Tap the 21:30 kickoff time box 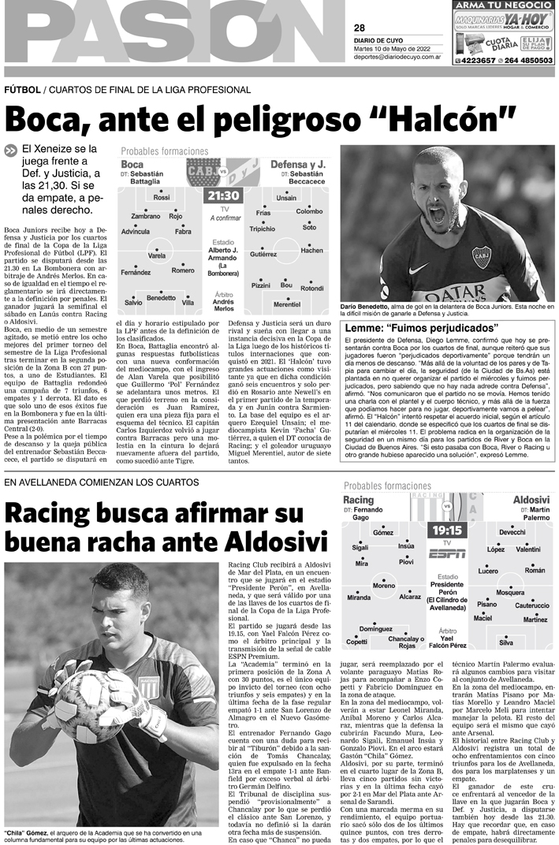point(224,195)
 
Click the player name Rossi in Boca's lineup point(162,197)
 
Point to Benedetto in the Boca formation point(161,297)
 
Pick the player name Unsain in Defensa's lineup point(286,197)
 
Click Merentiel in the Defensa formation point(286,303)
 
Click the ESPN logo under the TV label point(447,554)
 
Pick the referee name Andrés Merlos point(223,305)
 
